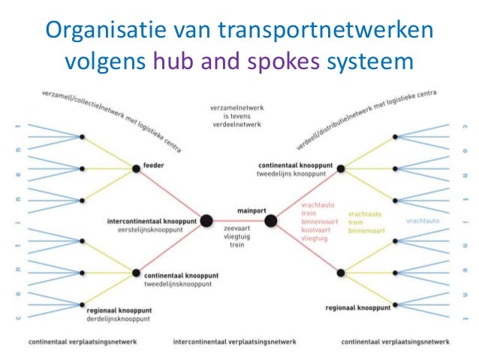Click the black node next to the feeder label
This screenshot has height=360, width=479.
(136, 168)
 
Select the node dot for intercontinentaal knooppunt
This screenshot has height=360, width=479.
(206, 220)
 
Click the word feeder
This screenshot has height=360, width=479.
(153, 165)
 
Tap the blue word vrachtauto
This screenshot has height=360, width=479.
(423, 221)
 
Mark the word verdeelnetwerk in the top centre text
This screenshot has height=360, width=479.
(236, 124)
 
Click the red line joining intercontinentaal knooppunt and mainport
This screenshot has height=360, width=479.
(239, 220)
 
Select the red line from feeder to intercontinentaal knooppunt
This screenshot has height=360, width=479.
(170, 194)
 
